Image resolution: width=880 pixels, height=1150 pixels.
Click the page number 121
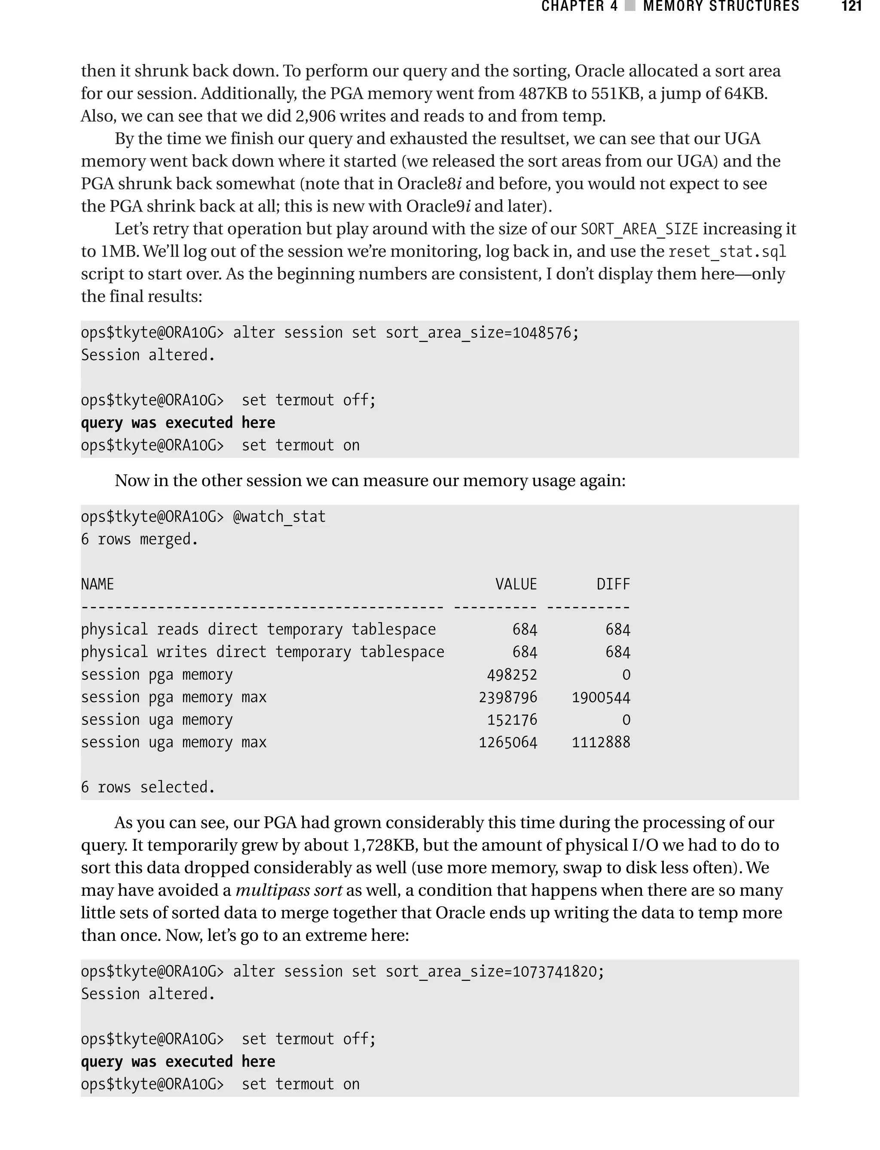(x=851, y=6)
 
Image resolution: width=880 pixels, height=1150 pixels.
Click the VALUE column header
(x=516, y=584)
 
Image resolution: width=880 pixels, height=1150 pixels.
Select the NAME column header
(x=98, y=584)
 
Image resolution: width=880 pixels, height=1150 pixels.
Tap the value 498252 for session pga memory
(x=512, y=675)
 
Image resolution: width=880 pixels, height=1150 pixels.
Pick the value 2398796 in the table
(x=507, y=697)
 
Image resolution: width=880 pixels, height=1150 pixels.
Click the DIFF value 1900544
(x=601, y=697)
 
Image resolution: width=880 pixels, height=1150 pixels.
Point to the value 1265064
(x=507, y=742)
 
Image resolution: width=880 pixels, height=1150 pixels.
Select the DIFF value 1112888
(x=601, y=742)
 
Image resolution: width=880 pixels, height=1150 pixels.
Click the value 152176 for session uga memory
(x=512, y=720)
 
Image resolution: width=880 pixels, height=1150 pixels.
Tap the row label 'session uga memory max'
(x=174, y=742)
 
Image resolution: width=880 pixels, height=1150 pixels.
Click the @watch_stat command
(x=279, y=517)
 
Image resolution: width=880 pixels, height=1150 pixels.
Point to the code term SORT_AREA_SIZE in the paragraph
(x=639, y=229)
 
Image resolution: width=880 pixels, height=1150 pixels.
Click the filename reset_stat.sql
(x=727, y=252)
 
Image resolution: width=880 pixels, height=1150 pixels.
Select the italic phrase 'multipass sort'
(x=289, y=890)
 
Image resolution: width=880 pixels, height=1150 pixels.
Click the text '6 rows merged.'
(x=139, y=539)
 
